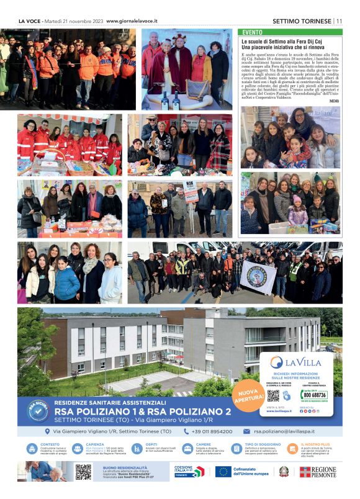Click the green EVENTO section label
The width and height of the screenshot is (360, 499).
[x=252, y=32]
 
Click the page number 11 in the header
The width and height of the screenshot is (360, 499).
[x=340, y=20]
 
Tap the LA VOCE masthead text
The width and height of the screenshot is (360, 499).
[x=29, y=20]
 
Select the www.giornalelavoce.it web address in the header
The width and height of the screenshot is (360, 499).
[x=132, y=20]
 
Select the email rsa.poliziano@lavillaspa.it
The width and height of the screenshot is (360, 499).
[x=284, y=431]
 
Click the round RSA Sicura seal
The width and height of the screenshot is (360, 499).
[x=38, y=409]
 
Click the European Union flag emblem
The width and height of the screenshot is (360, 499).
[x=223, y=472]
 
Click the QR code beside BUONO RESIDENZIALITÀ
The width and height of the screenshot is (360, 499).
[x=83, y=472]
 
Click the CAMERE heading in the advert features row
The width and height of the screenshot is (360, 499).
[x=202, y=444]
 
